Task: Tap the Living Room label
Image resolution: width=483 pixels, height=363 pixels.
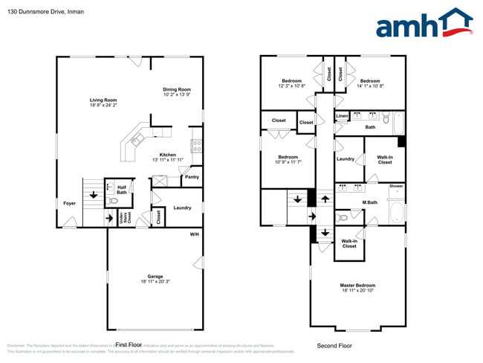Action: point(103,100)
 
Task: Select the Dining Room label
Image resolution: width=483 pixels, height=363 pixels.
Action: point(177,89)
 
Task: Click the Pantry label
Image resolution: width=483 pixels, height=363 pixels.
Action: point(191,177)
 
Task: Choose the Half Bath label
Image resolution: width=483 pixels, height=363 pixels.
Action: point(121,190)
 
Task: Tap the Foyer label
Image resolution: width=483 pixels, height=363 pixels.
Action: point(69,203)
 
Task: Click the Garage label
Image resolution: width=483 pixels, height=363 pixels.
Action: point(155,276)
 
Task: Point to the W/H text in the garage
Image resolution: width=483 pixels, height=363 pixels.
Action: point(194,234)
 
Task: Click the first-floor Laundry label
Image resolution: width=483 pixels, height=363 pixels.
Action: point(182,208)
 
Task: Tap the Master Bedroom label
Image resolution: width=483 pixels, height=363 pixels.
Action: point(357,286)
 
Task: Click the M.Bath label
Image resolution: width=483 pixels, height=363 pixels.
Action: point(370,203)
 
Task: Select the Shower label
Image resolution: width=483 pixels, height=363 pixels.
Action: point(396,186)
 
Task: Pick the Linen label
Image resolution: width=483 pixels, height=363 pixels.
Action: point(342,116)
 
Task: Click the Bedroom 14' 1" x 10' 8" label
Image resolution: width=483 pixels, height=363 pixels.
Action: point(369,80)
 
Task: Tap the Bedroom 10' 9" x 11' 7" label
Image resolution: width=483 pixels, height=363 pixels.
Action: point(288,157)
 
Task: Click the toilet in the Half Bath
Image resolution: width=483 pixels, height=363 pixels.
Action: point(114,202)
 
